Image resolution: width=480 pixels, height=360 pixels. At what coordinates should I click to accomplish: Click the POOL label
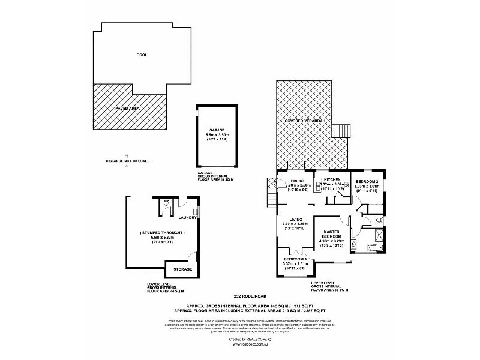[142, 55]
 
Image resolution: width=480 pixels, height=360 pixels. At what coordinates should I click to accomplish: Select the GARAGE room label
[217, 130]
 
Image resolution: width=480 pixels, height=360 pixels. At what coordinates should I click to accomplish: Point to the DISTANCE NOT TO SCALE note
[128, 161]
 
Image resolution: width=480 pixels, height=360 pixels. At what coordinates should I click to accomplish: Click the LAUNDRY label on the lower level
[188, 218]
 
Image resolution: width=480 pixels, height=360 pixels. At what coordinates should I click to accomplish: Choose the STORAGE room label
[183, 269]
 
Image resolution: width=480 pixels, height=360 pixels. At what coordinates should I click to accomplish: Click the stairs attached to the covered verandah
[341, 130]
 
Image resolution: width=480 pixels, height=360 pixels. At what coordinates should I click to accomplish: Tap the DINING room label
[298, 180]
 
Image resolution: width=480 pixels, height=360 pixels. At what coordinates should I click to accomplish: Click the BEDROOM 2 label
[367, 181]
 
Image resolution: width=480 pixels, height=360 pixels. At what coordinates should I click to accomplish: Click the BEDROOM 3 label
[295, 259]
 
